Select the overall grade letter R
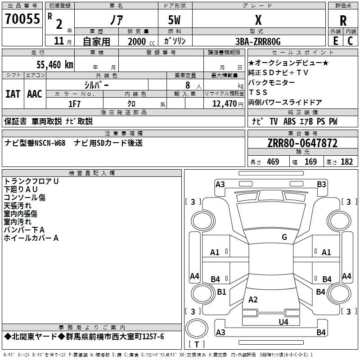click(343, 20)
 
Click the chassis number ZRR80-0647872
click(302, 144)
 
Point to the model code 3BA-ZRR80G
click(258, 41)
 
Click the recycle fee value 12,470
click(224, 104)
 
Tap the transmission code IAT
click(12, 94)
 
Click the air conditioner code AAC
click(35, 94)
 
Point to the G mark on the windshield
click(284, 237)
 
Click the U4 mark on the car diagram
click(283, 322)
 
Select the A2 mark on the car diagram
click(253, 300)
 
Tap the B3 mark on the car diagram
click(321, 184)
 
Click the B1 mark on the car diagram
click(221, 292)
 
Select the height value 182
click(346, 162)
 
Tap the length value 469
click(273, 162)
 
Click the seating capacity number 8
click(187, 85)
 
